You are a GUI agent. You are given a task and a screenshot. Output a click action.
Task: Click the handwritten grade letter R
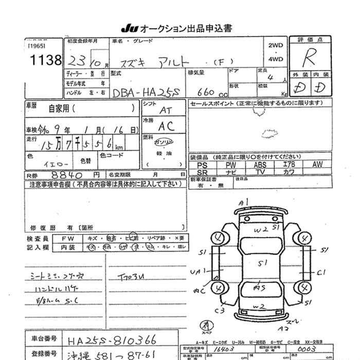pyautogui.click(x=310, y=57)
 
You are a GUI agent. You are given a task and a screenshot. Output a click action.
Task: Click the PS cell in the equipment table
pyautogui.click(x=202, y=165)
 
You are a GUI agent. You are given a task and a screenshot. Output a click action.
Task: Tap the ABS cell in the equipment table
pyautogui.click(x=261, y=165)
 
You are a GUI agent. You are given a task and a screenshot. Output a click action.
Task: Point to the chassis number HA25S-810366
pyautogui.click(x=112, y=340)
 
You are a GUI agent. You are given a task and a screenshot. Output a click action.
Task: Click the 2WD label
pyautogui.click(x=275, y=45)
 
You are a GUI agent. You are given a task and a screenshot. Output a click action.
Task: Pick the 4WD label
pyautogui.click(x=275, y=59)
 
